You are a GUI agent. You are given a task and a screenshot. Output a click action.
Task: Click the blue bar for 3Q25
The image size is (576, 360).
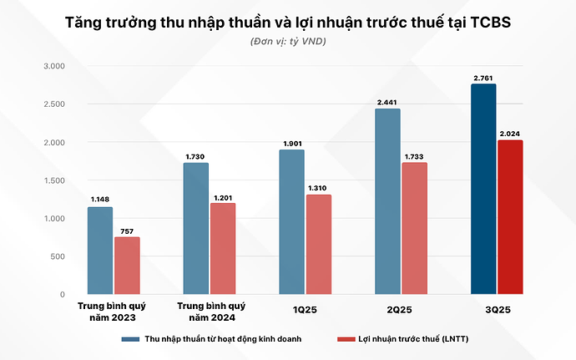click(483, 189)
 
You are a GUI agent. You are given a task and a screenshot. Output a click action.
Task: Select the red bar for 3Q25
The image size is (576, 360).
click(509, 217)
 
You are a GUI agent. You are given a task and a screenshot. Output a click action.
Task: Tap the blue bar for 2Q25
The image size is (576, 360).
click(387, 201)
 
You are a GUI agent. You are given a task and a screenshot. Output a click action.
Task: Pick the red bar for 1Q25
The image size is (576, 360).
click(318, 244)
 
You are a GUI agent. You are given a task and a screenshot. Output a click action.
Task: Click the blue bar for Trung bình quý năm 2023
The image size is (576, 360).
click(100, 251)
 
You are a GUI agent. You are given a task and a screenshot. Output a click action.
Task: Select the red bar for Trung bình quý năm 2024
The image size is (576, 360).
click(223, 248)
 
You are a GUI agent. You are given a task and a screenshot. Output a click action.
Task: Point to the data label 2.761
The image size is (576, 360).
click(483, 78)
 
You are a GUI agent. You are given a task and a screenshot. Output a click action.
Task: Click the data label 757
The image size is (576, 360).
click(127, 231)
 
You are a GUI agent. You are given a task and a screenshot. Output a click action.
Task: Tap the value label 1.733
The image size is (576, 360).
click(414, 156)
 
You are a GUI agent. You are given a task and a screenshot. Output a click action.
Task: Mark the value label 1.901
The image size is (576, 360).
click(292, 144)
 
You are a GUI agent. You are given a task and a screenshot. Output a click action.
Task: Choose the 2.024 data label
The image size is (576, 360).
click(509, 134)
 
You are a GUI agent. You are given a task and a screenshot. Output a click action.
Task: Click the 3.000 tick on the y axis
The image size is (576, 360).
click(53, 66)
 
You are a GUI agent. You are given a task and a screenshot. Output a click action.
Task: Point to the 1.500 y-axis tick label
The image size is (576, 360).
click(53, 180)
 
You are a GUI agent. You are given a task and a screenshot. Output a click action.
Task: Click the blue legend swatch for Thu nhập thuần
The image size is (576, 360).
click(129, 339)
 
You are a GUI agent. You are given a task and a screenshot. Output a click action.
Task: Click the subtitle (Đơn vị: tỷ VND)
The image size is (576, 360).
click(288, 42)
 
